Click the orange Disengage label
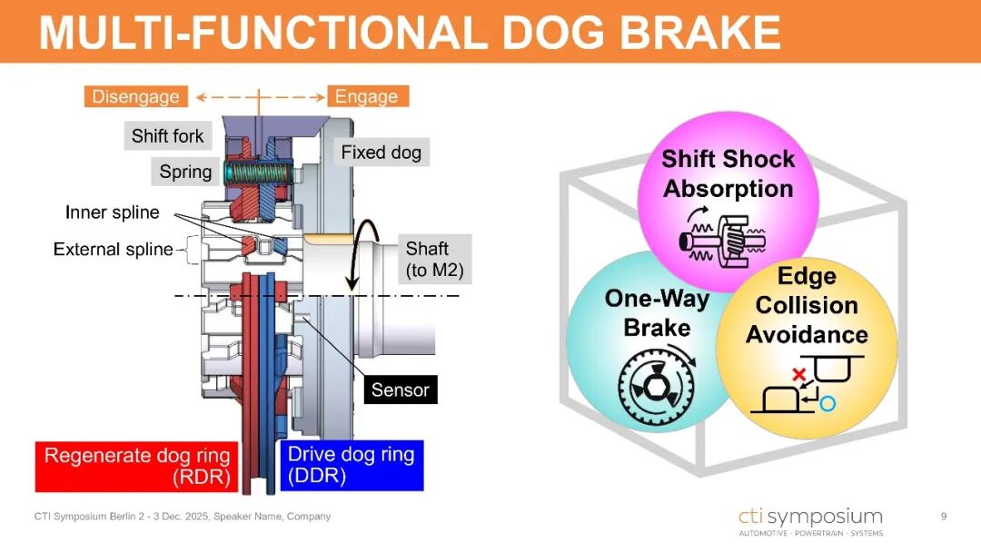tap(135, 97)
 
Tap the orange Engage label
tap(367, 97)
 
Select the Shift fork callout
tap(168, 135)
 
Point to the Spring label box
tap(185, 172)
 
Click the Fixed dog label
tap(381, 152)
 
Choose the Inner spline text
tap(113, 212)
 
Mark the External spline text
tap(114, 250)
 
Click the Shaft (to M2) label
tap(435, 260)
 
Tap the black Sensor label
tap(401, 389)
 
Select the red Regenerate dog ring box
tap(137, 467)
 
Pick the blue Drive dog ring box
tap(352, 466)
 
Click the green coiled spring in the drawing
tap(259, 172)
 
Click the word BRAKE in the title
tap(699, 32)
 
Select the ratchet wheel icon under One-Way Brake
tap(657, 387)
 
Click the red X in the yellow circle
tap(798, 374)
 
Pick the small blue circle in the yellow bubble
tap(827, 404)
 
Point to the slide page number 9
tap(944, 517)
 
